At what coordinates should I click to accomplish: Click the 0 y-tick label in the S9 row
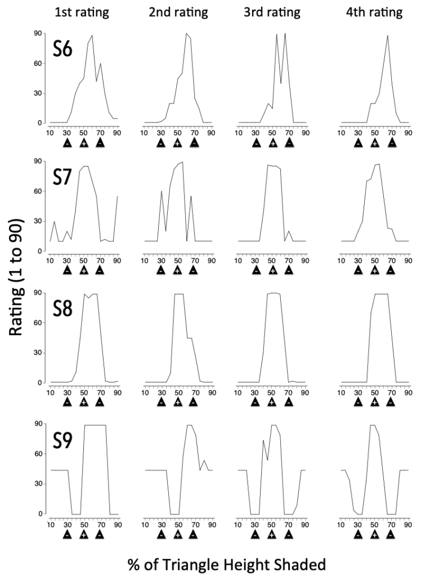[x=41, y=514]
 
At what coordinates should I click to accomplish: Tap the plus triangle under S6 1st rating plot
[x=83, y=143]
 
